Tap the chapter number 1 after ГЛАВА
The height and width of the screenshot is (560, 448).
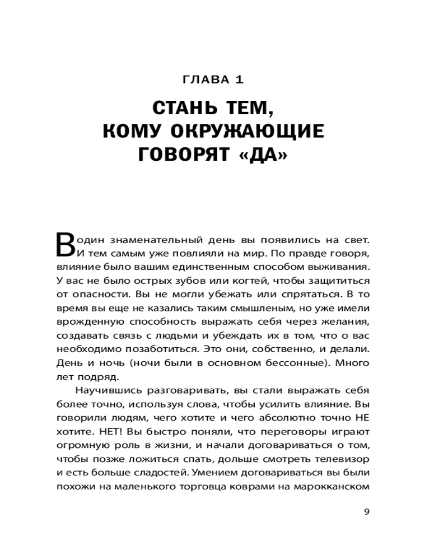(239, 80)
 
